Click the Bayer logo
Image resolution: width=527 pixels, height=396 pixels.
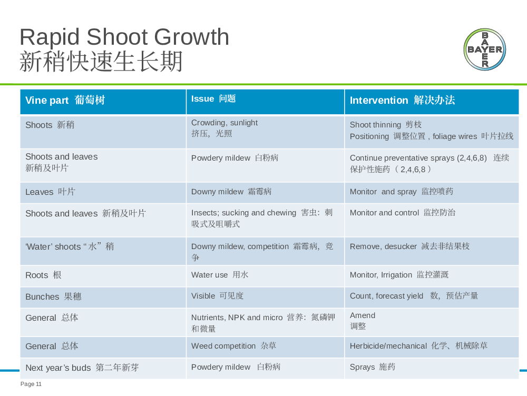point(485,49)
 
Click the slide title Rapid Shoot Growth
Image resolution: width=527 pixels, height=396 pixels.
point(124,37)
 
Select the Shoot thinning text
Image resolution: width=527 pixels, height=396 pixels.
point(386,125)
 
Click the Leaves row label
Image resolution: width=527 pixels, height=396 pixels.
point(51,192)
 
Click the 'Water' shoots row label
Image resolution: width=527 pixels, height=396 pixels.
point(70,246)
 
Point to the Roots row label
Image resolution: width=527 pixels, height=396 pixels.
point(43,275)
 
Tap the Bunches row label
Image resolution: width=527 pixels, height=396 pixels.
point(53,296)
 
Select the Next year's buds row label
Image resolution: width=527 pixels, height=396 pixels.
point(82,368)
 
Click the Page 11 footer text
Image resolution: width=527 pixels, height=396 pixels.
point(31,384)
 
